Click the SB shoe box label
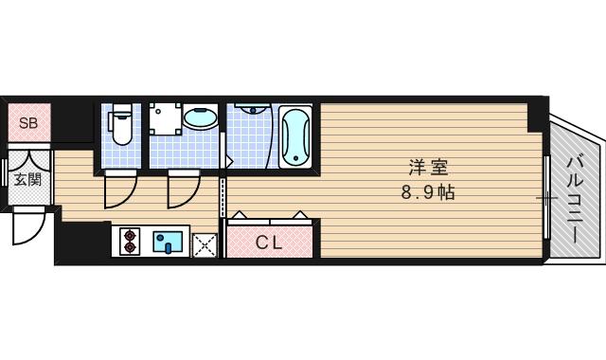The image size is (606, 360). coord(28,123)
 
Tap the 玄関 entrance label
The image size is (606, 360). coord(27,180)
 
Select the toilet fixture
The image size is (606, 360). coord(119,122)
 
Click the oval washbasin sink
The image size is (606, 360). coord(200,119)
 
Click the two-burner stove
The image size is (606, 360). coord(129,243)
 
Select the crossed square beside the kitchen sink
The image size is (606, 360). coord(205,244)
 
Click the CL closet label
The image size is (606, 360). coord(269,243)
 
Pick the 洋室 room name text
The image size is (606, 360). coord(428,169)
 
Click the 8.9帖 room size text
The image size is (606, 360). coord(428,191)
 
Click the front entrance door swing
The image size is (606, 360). coord(29,225)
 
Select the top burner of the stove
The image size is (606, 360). coord(129,236)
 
